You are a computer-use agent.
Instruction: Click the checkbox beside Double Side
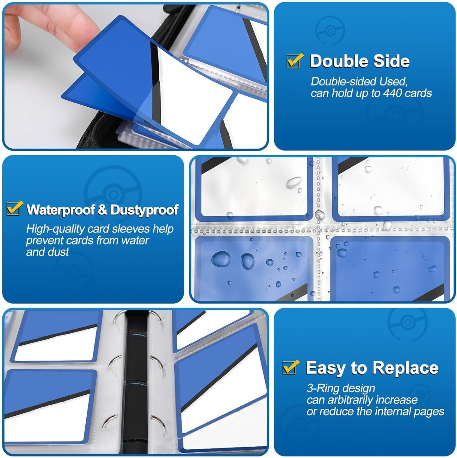click(x=295, y=60)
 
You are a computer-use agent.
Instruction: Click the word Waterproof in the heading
click(x=61, y=210)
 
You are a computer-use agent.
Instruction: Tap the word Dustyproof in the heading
click(x=145, y=210)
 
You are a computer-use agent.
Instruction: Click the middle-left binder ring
click(x=114, y=362)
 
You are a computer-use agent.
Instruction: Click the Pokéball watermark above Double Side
click(x=330, y=30)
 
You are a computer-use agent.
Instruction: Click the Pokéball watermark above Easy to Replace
click(x=408, y=322)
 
